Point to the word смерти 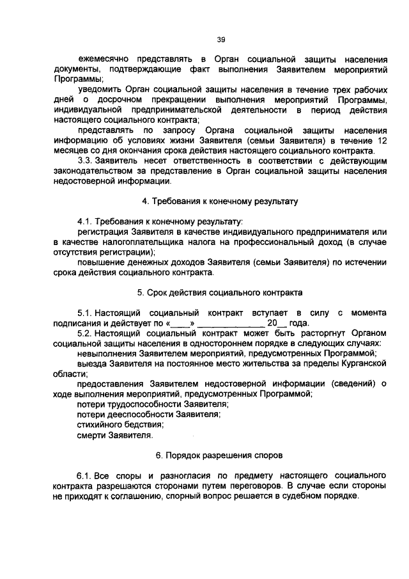click(91, 435)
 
